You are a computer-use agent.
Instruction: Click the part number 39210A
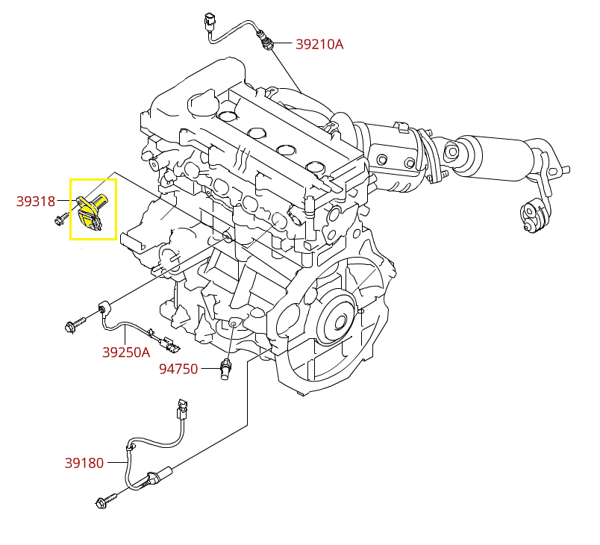(x=319, y=44)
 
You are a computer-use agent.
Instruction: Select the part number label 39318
(x=36, y=200)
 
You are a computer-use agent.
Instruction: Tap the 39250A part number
(x=126, y=352)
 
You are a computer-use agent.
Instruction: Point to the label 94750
(x=178, y=369)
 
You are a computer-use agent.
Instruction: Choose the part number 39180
(x=84, y=463)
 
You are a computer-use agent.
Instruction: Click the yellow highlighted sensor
(x=92, y=211)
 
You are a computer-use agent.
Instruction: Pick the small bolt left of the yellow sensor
(x=59, y=219)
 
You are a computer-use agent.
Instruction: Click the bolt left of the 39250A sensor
(x=75, y=325)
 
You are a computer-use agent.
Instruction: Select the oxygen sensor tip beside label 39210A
(x=266, y=41)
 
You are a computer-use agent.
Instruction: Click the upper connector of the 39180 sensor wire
(x=181, y=410)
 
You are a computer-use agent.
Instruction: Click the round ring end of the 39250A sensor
(x=104, y=307)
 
